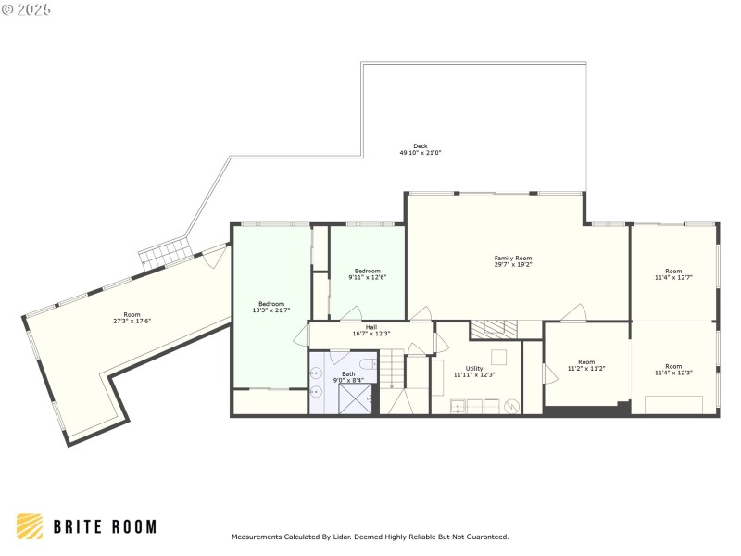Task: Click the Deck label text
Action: coord(421,145)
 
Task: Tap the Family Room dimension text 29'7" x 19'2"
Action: coord(513,265)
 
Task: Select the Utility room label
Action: coord(474,368)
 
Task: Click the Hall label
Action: coord(370,326)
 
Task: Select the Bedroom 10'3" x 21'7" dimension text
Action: coord(271,310)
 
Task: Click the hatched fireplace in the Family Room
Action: coord(494,328)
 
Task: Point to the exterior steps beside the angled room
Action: coord(164,253)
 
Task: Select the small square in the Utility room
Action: coord(498,357)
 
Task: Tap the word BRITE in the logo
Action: coord(78,527)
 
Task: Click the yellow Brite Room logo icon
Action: coord(30,526)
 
